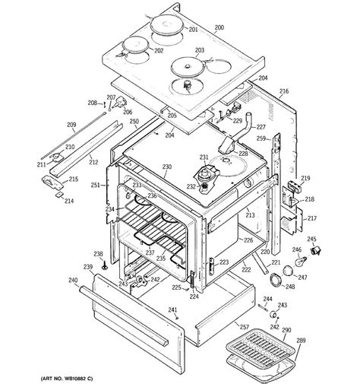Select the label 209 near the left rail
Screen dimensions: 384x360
click(71, 125)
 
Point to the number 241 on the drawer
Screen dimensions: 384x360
click(172, 310)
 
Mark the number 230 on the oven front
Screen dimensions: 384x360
click(167, 167)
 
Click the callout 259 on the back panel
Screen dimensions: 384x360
click(261, 138)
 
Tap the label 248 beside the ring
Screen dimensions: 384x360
click(289, 287)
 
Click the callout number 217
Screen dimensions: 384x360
click(311, 218)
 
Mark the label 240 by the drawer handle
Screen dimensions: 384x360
click(72, 281)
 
